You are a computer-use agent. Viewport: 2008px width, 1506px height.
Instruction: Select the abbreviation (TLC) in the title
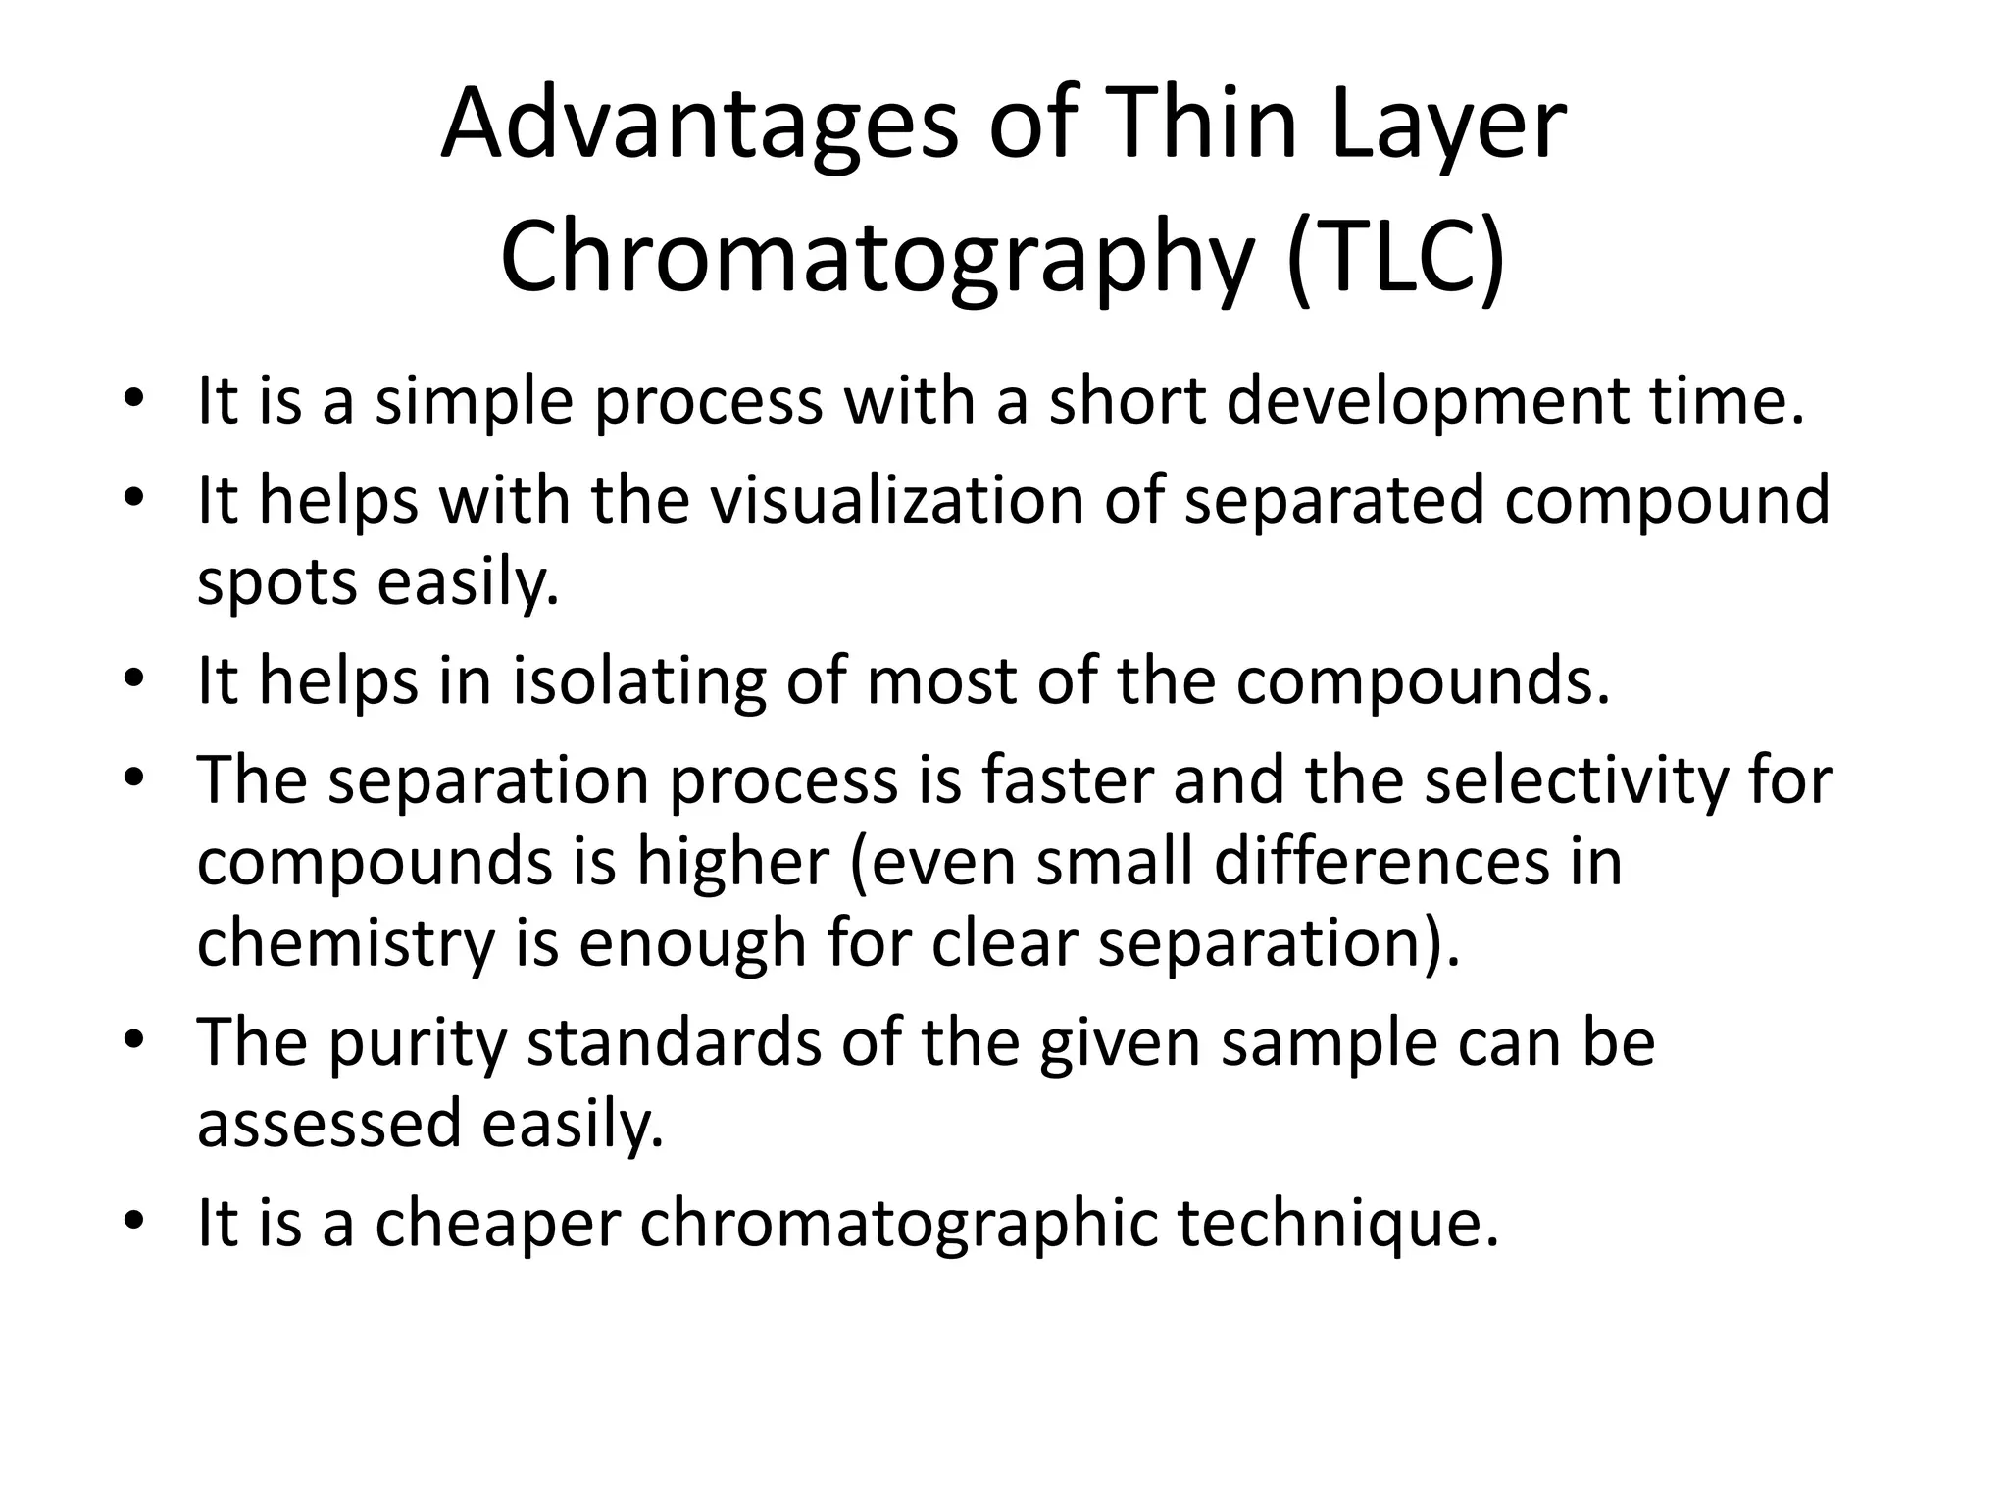pyautogui.click(x=1394, y=257)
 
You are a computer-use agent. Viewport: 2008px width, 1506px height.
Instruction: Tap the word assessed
pyautogui.click(x=328, y=1125)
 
